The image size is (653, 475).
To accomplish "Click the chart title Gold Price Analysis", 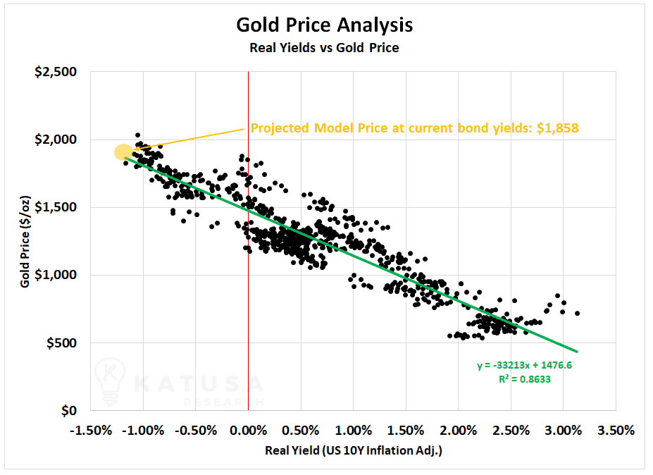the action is [x=325, y=25].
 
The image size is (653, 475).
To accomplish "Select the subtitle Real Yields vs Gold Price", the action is [x=325, y=48].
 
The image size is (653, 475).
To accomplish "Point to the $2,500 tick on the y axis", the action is [x=56, y=72].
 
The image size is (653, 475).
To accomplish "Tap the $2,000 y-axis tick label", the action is [x=56, y=140].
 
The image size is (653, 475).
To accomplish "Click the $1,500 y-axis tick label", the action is [x=56, y=207].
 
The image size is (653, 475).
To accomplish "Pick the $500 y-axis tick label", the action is [x=61, y=343].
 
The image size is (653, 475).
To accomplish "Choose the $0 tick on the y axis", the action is [x=69, y=411].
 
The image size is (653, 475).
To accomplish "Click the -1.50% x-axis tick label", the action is [x=91, y=430].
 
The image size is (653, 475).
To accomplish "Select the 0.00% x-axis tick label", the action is [x=248, y=430].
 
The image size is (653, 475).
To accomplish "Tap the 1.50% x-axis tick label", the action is [x=406, y=430].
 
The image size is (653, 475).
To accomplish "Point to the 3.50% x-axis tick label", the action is [x=616, y=430].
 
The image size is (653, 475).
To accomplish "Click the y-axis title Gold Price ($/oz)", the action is [x=25, y=241].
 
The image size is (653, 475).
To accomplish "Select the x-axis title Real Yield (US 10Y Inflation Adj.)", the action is [x=354, y=450].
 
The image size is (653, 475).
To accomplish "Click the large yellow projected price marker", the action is [x=124, y=152].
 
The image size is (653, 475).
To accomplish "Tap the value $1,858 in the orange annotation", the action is [x=558, y=128].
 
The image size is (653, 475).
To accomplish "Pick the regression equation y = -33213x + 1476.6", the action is [x=525, y=366].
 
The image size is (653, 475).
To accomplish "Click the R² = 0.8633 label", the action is [x=525, y=379].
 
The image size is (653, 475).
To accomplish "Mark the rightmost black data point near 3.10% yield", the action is [x=577, y=314].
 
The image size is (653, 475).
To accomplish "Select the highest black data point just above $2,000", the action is [x=138, y=135].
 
